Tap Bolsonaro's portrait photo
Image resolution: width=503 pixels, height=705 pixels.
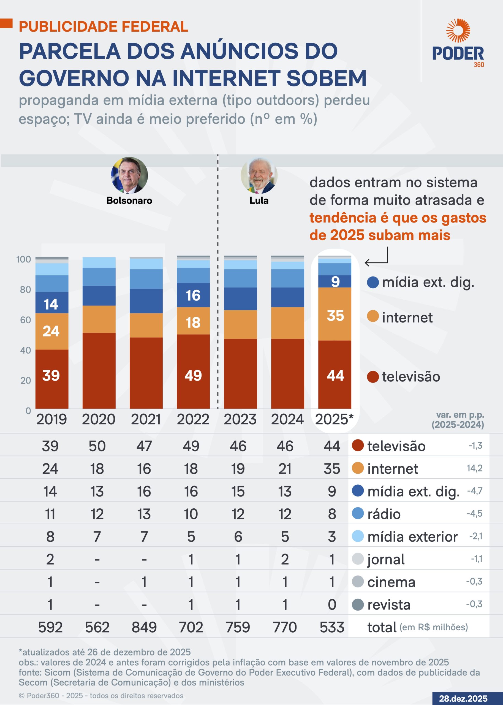[x=129, y=175]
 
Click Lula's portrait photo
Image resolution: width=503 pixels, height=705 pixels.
[x=259, y=175]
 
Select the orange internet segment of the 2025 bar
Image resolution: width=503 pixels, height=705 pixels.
[x=335, y=314]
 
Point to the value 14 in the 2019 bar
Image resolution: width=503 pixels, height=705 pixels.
[x=51, y=304]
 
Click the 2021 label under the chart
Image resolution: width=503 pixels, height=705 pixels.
[x=146, y=419]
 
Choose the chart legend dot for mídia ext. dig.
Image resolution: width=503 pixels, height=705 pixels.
[x=373, y=282]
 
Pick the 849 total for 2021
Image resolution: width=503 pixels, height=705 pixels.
[x=144, y=627]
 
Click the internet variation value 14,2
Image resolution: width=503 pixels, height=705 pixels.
[x=475, y=468]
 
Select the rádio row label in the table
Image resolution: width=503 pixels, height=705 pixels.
[x=384, y=514]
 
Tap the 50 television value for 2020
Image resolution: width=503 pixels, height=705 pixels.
[x=97, y=446]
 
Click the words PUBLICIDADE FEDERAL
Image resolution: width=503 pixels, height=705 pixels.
[x=104, y=27]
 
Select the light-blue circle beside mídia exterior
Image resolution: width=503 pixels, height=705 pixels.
[x=358, y=536]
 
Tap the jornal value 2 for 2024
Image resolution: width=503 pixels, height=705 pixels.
[x=285, y=559]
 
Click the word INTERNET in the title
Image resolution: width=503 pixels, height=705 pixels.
[x=226, y=78]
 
